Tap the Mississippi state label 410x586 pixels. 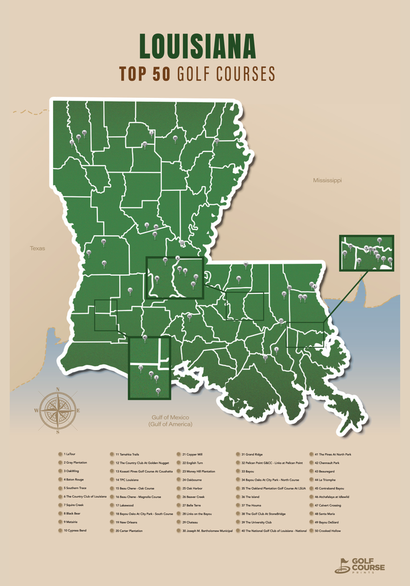click(x=327, y=180)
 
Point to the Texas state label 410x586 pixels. click(x=37, y=248)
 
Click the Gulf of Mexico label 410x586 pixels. click(x=170, y=421)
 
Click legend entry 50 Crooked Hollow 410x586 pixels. click(x=327, y=531)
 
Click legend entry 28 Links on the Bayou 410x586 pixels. click(x=197, y=514)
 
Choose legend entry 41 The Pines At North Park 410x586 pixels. click(x=333, y=454)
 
